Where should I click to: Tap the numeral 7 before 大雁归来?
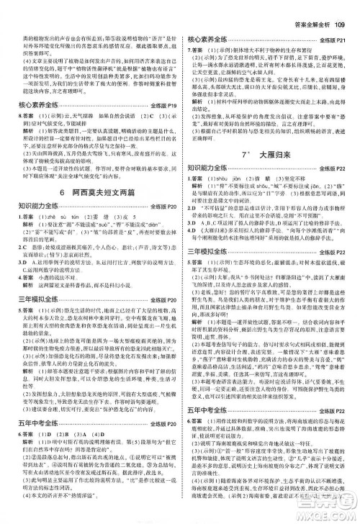(244, 172)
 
